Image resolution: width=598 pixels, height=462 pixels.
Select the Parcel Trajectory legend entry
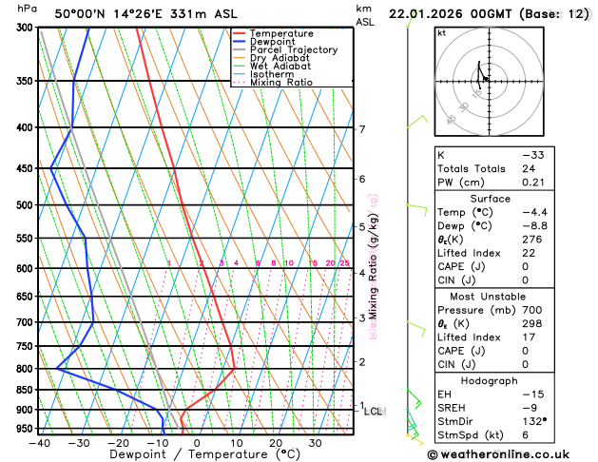tap(293, 49)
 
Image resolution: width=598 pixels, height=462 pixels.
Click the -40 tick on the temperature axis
tap(39, 443)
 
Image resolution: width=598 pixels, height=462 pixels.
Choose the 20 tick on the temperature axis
tap(275, 443)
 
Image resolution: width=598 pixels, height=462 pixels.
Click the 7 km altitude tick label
tap(362, 129)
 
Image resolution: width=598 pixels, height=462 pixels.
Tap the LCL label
tap(374, 412)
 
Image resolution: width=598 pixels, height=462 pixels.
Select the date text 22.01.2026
tap(446, 14)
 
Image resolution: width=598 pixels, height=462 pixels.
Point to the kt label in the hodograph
tap(442, 33)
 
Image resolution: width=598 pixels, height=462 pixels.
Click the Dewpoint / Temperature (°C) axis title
tap(196, 456)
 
